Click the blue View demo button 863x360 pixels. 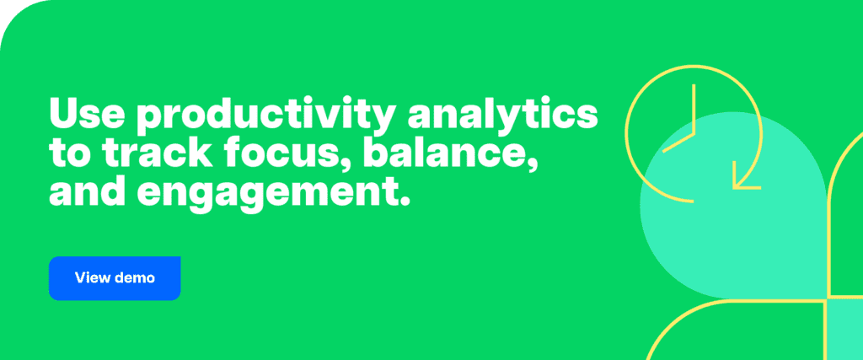pyautogui.click(x=115, y=277)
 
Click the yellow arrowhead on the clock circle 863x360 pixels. pyautogui.click(x=744, y=177)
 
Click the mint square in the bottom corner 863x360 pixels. pyautogui.click(x=844, y=329)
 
